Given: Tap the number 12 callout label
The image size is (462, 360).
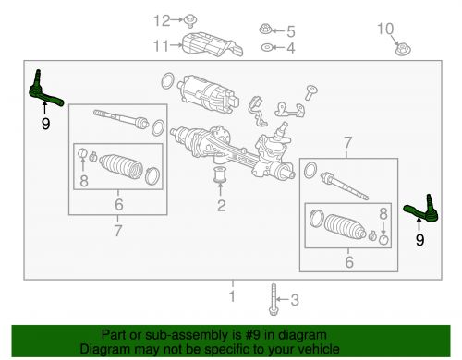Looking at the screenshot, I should click(164, 20).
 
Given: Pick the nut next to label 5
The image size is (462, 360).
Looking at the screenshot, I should click(266, 30).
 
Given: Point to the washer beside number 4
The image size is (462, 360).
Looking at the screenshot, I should click(266, 47).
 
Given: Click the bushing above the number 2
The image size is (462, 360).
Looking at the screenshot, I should click(220, 174).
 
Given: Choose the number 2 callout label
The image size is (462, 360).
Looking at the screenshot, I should click(220, 205).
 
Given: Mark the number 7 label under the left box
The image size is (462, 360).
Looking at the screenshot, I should click(117, 230).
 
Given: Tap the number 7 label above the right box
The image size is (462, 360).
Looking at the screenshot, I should click(346, 144).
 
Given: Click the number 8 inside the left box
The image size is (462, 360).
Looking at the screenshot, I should click(84, 182).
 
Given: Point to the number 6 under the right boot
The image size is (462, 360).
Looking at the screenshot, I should click(348, 263).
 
